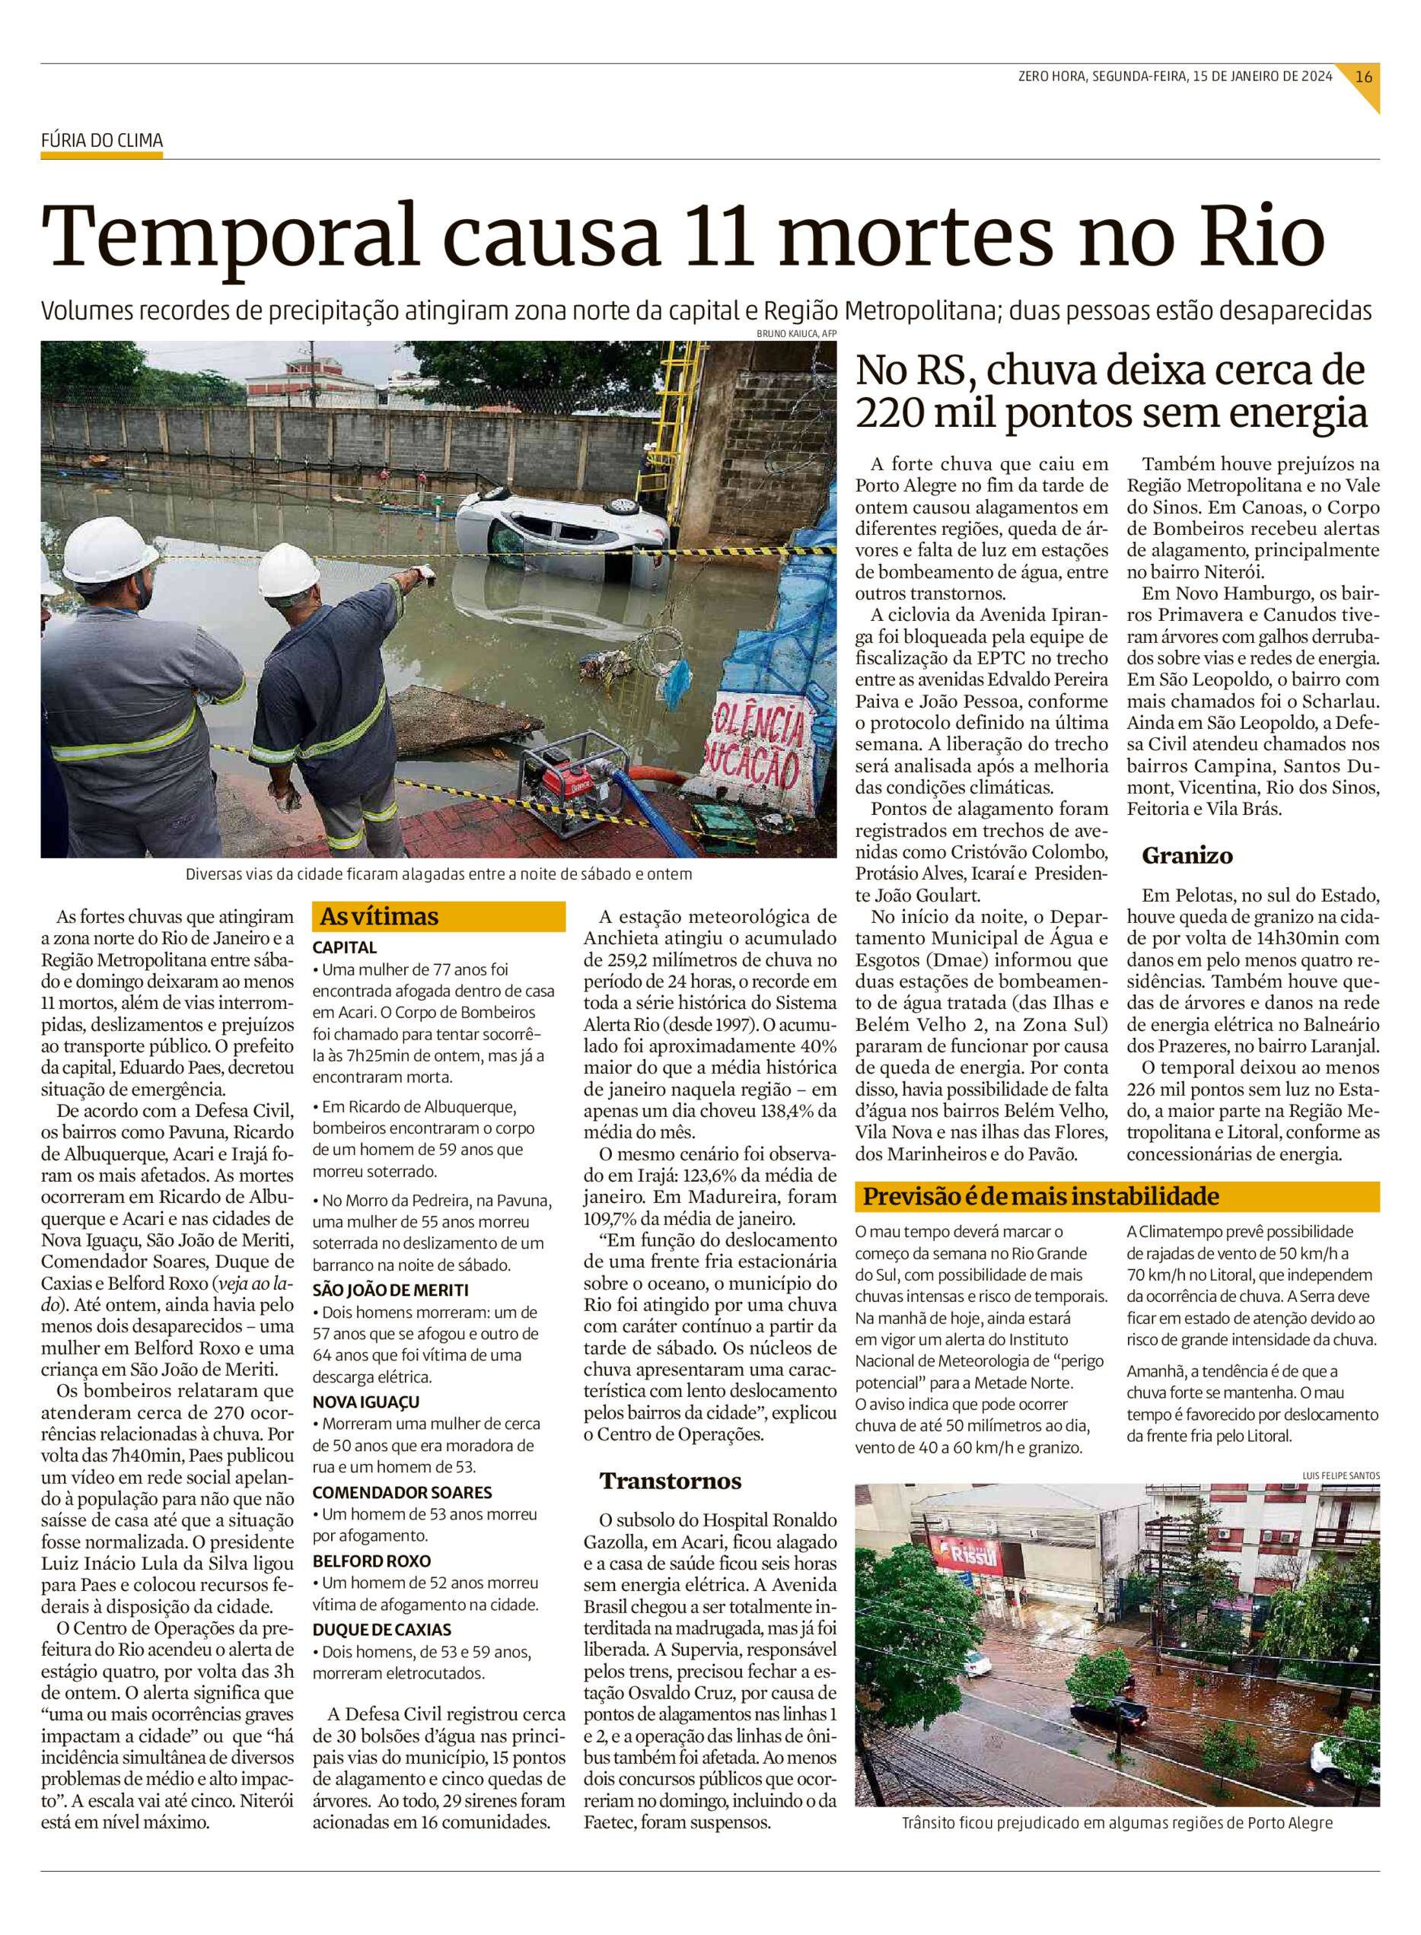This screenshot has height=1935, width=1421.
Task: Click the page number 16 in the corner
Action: point(1363,75)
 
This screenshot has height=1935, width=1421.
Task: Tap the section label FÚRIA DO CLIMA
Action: point(101,141)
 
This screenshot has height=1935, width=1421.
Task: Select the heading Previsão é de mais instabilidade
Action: point(1040,1196)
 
